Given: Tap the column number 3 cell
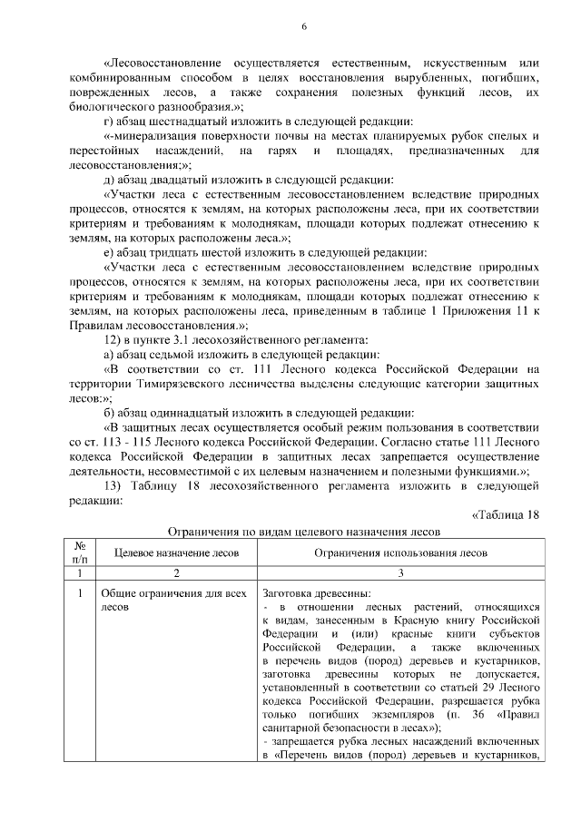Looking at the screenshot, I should (400, 573).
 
